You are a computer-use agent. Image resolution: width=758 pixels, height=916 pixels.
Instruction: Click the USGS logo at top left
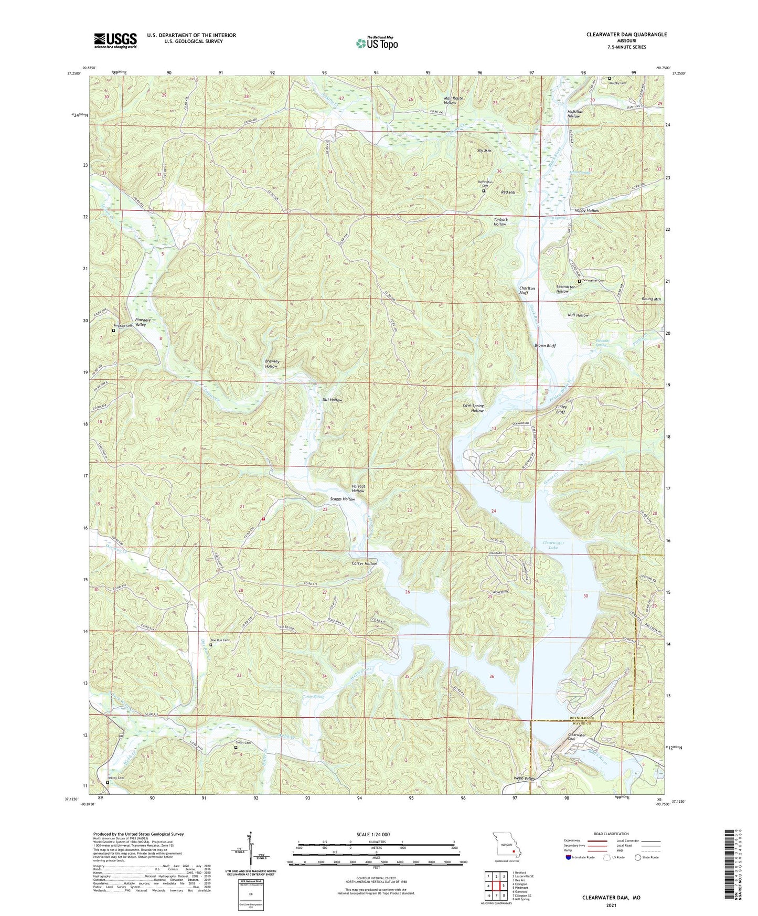(115, 40)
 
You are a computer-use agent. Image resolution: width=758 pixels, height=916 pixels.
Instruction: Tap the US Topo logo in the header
(376, 43)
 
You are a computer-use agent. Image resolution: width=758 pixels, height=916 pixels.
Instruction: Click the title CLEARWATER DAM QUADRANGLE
(626, 35)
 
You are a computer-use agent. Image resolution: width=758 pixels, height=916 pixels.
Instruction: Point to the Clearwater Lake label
(552, 545)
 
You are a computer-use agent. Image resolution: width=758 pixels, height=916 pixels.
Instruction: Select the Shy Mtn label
(484, 151)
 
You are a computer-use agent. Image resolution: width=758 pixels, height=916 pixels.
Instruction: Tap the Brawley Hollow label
(272, 364)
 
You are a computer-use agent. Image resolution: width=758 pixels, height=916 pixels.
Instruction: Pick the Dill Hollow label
(332, 400)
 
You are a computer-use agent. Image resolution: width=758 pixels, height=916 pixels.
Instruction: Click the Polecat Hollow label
(358, 488)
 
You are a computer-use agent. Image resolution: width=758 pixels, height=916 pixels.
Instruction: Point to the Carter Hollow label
(364, 563)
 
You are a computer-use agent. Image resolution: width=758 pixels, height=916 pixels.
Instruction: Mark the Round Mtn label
(651, 299)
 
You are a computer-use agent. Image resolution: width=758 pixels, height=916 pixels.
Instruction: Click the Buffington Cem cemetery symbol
(484, 191)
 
